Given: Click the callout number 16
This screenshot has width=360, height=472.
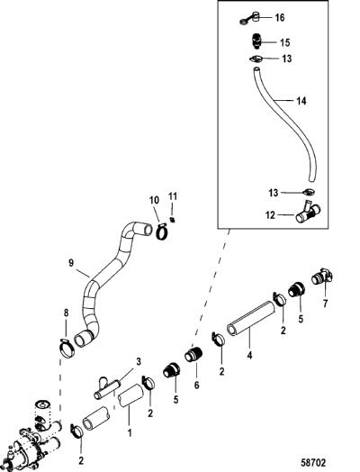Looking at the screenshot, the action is (279, 17).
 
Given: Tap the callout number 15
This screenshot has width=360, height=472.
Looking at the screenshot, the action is (284, 42).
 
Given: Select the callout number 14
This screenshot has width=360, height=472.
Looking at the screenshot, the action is (301, 101).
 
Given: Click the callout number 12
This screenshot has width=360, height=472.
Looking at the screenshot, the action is (270, 215).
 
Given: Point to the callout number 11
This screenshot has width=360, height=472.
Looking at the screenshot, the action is (173, 196).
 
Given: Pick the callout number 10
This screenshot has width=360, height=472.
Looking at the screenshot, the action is (154, 201).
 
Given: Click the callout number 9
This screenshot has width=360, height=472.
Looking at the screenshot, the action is (71, 263).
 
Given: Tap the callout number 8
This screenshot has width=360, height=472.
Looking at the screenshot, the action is (66, 313).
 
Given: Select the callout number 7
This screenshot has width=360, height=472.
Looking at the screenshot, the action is (325, 304).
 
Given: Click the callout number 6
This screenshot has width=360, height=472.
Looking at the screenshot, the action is (196, 385).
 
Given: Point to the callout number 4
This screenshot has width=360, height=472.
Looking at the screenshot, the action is (249, 356).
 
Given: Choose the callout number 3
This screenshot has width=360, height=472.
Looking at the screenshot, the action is (139, 362).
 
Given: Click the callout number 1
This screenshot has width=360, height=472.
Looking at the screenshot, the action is (130, 433).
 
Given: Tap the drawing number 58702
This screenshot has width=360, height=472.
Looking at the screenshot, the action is (313, 462).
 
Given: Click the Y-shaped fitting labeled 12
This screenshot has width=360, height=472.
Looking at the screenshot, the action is (308, 213).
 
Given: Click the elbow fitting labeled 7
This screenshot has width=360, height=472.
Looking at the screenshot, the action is (322, 276).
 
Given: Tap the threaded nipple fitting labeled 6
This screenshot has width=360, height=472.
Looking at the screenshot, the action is (193, 354).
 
